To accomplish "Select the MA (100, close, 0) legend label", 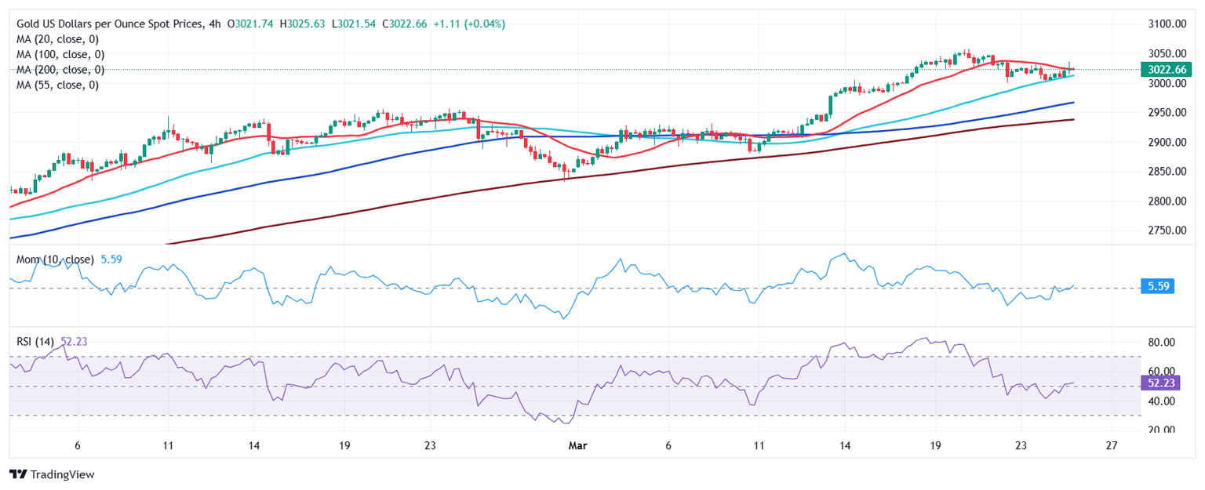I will [x=60, y=55].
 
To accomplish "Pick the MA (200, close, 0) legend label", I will [x=60, y=70].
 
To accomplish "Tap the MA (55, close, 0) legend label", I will [x=57, y=85].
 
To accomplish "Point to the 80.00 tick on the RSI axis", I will [x=1160, y=343].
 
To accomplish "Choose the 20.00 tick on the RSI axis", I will [x=1160, y=430].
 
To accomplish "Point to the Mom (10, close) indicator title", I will [x=56, y=259].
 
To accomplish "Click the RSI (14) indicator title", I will [x=35, y=341].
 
